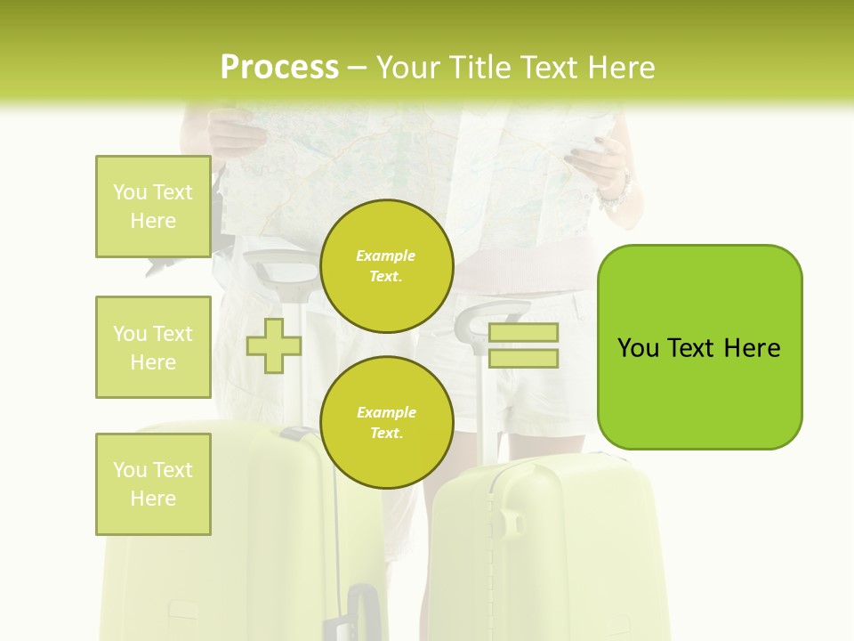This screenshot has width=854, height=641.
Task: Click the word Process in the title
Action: (x=279, y=68)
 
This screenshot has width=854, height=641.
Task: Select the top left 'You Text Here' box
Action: (x=153, y=207)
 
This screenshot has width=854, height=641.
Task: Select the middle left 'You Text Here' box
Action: (x=153, y=347)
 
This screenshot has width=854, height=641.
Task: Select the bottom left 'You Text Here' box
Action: (x=153, y=483)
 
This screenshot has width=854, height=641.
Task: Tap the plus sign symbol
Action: (x=274, y=345)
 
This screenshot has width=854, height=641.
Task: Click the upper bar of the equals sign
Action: (x=523, y=332)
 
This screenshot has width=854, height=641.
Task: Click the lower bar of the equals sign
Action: (x=523, y=359)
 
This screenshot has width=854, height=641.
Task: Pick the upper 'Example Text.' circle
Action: (x=386, y=266)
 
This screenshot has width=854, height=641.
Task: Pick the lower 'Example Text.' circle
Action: (x=386, y=423)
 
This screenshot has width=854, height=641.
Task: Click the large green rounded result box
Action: (x=699, y=347)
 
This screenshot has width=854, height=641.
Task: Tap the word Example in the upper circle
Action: (x=386, y=256)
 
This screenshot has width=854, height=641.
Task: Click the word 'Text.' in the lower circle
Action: (x=386, y=434)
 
